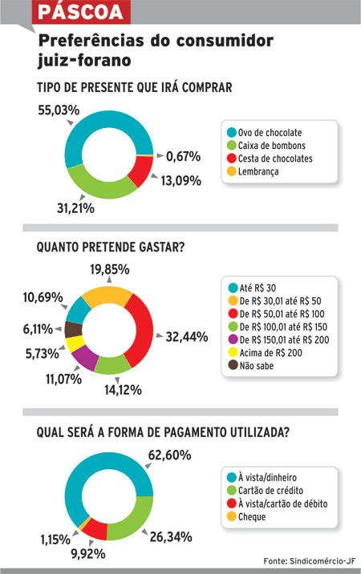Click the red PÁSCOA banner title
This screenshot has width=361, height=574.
pyautogui.click(x=81, y=12)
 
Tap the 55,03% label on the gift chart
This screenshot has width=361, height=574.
pyautogui.click(x=59, y=110)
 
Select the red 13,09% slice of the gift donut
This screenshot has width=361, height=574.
pyautogui.click(x=142, y=171)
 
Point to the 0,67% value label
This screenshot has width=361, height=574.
pyautogui.click(x=183, y=157)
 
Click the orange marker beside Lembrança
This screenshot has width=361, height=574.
pyautogui.click(x=232, y=171)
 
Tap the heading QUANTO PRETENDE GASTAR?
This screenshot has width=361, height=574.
pyautogui.click(x=111, y=247)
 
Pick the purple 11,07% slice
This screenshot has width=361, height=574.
pyautogui.click(x=85, y=357)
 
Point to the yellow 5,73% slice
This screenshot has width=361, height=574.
pyautogui.click(x=75, y=344)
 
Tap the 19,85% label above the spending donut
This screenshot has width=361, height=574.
pyautogui.click(x=110, y=270)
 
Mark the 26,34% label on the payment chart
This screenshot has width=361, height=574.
pyautogui.click(x=171, y=537)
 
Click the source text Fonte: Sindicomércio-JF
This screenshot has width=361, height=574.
pyautogui.click(x=310, y=561)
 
